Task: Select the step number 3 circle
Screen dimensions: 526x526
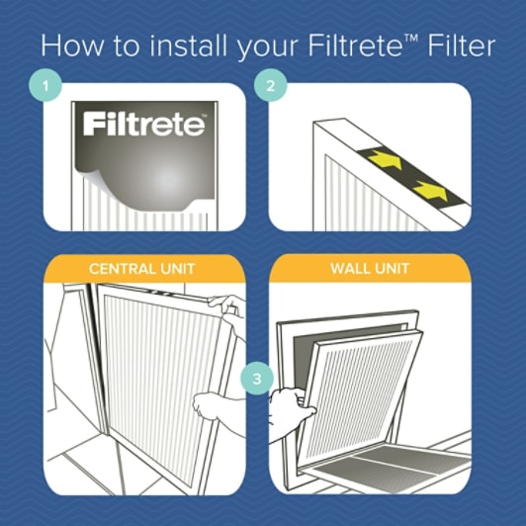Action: click(x=256, y=378)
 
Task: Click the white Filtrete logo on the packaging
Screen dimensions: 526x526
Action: click(x=144, y=126)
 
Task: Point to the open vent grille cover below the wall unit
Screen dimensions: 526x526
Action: click(x=395, y=465)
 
